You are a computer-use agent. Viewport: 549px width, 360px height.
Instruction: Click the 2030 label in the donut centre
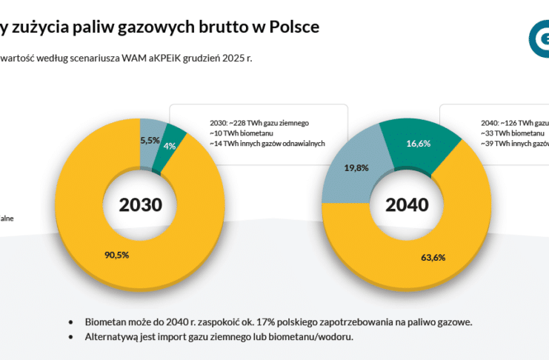[140, 204]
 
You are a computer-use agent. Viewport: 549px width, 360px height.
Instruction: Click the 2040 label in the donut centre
[407, 204]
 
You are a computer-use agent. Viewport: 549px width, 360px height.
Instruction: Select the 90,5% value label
[117, 255]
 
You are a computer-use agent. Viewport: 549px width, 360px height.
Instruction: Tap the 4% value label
[170, 146]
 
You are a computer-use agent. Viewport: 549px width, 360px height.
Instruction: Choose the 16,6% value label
[419, 144]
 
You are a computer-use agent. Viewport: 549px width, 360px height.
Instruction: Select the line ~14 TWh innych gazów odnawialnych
[267, 143]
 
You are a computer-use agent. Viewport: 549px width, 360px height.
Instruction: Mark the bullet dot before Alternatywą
[70, 338]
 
